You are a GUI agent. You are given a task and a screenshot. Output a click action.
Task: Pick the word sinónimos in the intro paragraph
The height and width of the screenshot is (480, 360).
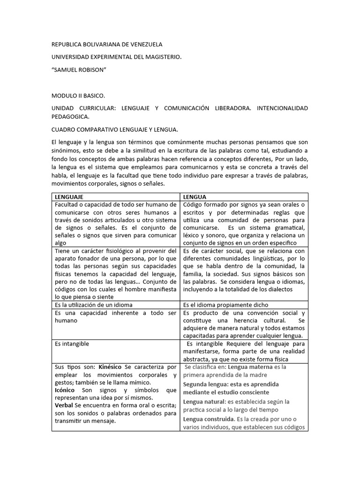[67, 150]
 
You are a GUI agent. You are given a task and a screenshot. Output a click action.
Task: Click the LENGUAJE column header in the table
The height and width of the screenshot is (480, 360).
[69, 197]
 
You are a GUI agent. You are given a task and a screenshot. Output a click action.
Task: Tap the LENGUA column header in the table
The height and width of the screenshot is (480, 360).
[195, 197]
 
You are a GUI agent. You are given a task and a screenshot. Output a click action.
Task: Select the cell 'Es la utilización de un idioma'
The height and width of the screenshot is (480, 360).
[93, 305]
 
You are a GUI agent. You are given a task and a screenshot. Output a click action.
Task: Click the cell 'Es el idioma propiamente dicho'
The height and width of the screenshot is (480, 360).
[225, 305]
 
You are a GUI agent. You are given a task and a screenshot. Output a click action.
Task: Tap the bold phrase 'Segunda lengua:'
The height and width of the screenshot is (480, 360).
[204, 384]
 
